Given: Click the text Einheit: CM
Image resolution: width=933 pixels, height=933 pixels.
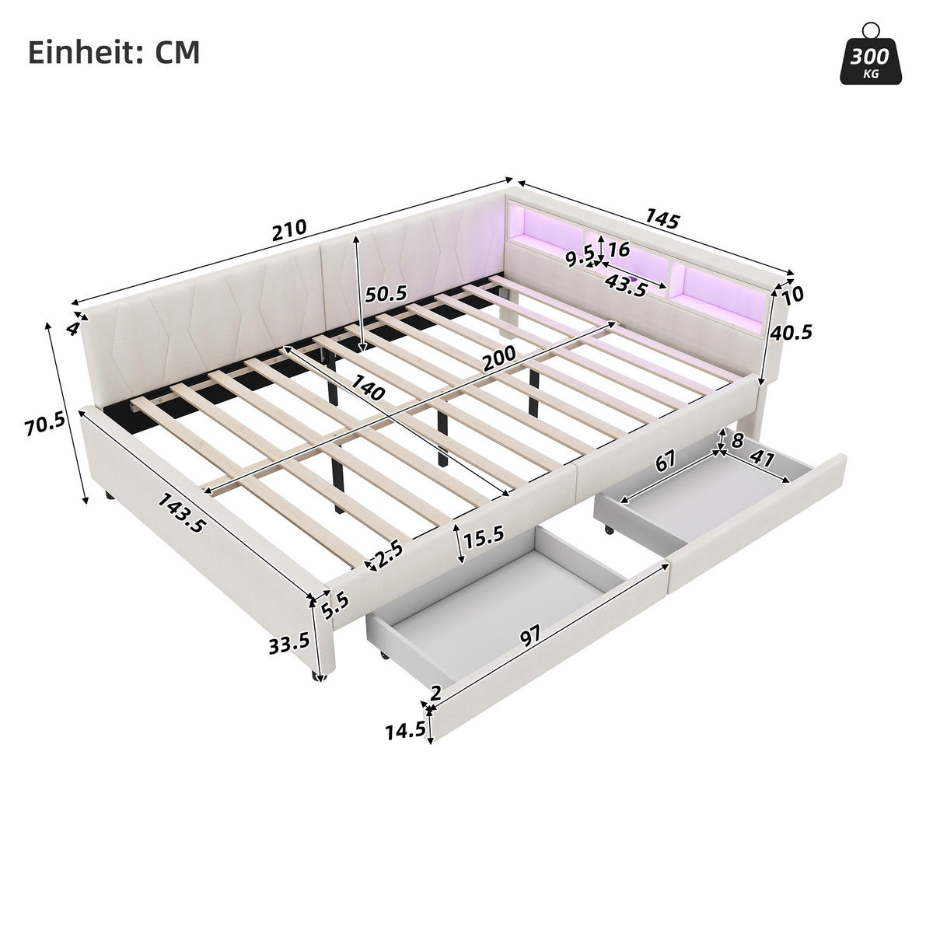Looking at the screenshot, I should click(x=114, y=52).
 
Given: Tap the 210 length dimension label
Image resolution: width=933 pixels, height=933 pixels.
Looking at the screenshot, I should click(x=289, y=229).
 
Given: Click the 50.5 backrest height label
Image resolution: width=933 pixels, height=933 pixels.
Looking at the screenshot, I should click(x=386, y=294).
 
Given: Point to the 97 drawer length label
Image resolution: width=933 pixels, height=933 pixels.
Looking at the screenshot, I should click(x=530, y=637).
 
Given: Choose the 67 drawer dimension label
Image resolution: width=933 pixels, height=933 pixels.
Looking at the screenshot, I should click(x=664, y=462).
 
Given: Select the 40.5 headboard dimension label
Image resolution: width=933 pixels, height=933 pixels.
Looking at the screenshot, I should click(x=791, y=333).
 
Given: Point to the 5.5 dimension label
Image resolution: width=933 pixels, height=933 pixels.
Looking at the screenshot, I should click(x=335, y=604).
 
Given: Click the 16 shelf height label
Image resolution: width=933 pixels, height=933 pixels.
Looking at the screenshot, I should click(x=619, y=250).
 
